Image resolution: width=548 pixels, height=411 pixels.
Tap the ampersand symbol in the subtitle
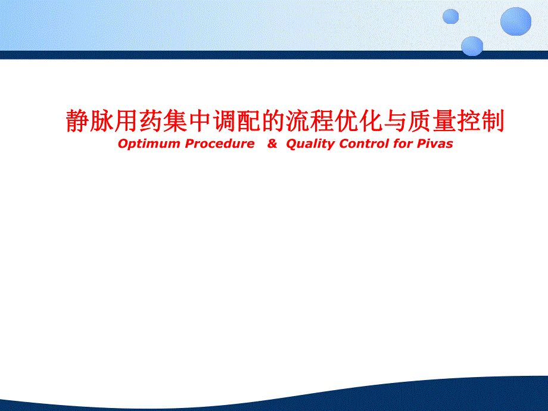272,144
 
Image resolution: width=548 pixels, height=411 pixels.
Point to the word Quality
310,144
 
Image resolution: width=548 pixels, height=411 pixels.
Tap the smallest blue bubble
451,16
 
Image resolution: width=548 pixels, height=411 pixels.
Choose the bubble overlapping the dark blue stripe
472,46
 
